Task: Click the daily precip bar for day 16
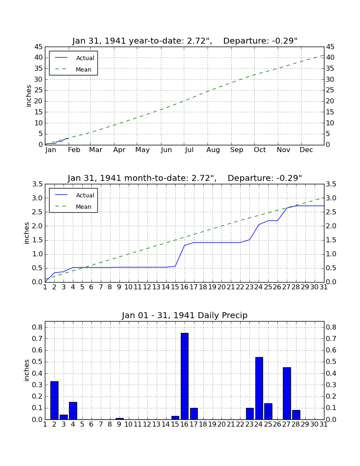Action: [x=185, y=376]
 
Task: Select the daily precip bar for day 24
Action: [x=259, y=388]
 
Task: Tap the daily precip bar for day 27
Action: [x=287, y=394]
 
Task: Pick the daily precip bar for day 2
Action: [x=54, y=400]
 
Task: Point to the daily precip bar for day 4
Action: [x=73, y=411]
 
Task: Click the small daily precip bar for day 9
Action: [x=119, y=419]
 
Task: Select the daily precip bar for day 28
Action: [x=296, y=415]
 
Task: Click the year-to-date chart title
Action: [x=185, y=41]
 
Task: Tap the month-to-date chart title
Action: [x=185, y=178]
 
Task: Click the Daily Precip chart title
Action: [x=185, y=315]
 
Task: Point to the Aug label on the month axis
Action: [x=213, y=150]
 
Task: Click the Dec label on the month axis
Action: [x=306, y=150]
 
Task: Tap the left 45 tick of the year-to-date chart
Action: [x=39, y=47]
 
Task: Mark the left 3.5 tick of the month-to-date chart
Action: [x=37, y=184]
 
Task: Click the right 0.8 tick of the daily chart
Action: [x=331, y=327]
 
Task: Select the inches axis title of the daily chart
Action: [x=27, y=370]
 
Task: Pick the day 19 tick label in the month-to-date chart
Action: [x=212, y=287]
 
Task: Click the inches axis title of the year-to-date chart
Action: [x=28, y=96]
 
